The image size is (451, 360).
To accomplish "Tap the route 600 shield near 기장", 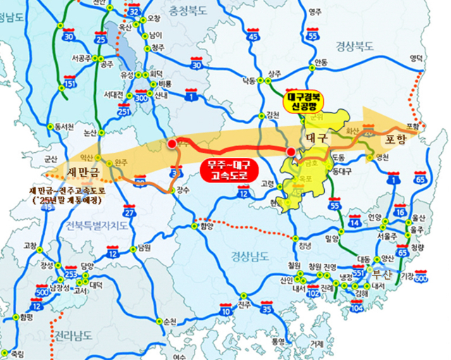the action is click(421, 278).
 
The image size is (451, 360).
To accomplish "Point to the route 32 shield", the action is click(135, 12).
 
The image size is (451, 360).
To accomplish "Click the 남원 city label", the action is click(144, 248).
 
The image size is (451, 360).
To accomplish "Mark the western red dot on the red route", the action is click(172, 144).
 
